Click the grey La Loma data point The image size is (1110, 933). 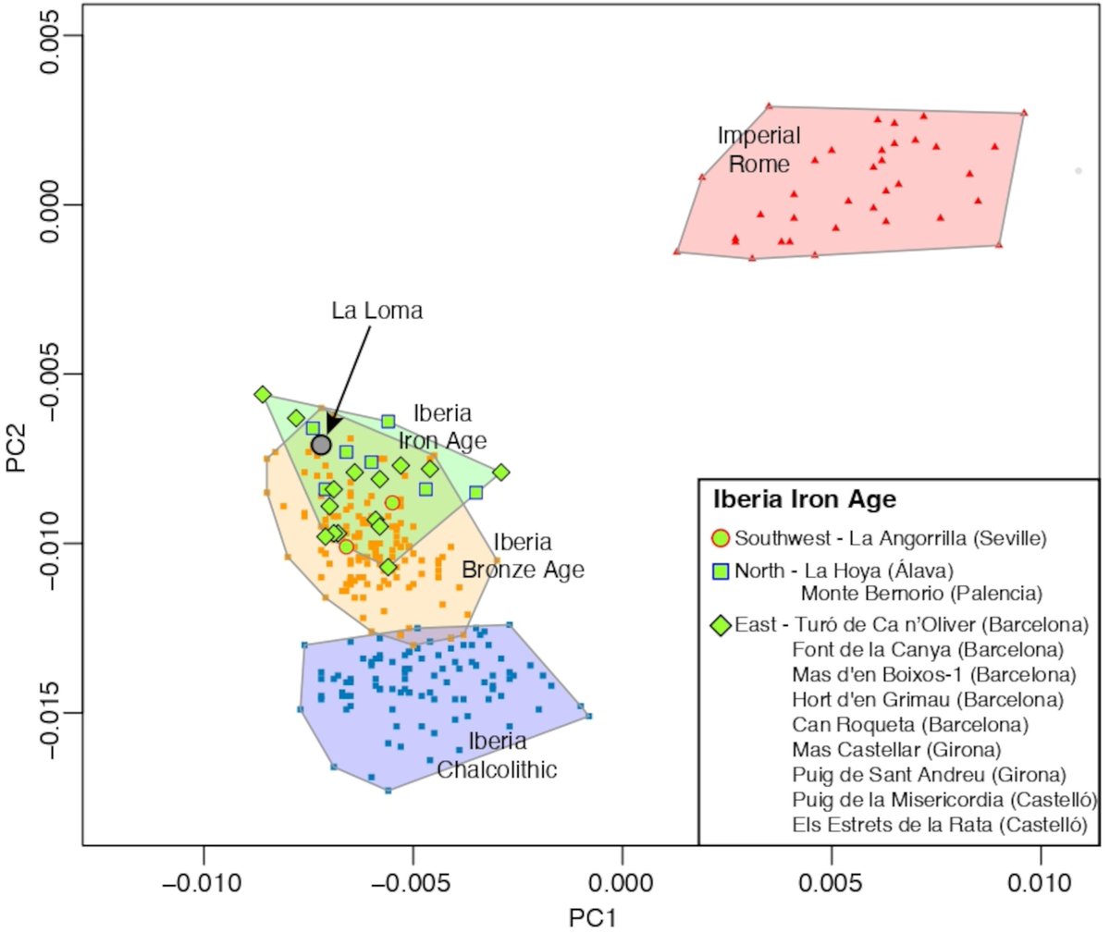pyautogui.click(x=321, y=445)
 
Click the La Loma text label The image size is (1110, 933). pyautogui.click(x=376, y=311)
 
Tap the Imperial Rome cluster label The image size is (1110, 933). pyautogui.click(x=758, y=150)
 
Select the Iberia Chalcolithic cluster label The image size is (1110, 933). pyautogui.click(x=498, y=755)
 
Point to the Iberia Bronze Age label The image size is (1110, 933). pyautogui.click(x=523, y=556)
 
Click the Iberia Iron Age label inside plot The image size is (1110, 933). pyautogui.click(x=442, y=426)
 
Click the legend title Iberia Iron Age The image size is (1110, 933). pyautogui.click(x=804, y=499)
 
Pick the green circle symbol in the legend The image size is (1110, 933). pyautogui.click(x=720, y=538)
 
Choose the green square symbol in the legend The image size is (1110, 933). pyautogui.click(x=720, y=571)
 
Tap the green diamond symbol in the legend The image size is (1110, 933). pyautogui.click(x=720, y=626)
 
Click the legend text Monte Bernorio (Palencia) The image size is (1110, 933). pyautogui.click(x=921, y=594)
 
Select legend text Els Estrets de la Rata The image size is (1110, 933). pyautogui.click(x=939, y=825)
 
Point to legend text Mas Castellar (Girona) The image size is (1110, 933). pyautogui.click(x=896, y=750)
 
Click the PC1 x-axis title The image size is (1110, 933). pyautogui.click(x=592, y=917)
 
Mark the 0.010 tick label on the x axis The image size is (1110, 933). pyautogui.click(x=1040, y=882)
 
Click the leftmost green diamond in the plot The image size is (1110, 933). pyautogui.click(x=263, y=395)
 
